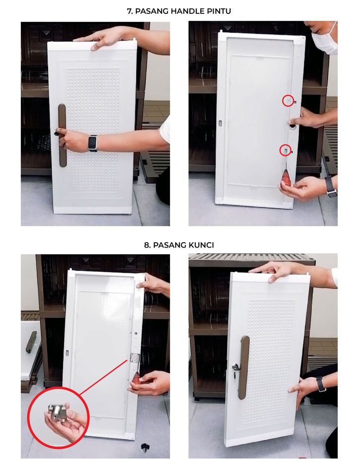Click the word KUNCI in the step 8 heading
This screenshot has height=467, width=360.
click(201, 245)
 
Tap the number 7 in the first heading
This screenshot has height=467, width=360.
click(129, 11)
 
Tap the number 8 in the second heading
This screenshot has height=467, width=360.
click(146, 245)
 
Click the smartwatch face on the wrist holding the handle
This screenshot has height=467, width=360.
click(93, 143)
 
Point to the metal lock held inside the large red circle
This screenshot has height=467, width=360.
click(58, 412)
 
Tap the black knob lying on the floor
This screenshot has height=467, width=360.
click(145, 447)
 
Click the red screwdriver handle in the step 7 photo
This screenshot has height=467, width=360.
click(286, 178)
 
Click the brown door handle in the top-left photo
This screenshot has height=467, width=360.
click(62, 135)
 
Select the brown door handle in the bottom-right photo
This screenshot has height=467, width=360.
click(244, 368)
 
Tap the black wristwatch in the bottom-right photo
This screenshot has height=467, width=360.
click(321, 384)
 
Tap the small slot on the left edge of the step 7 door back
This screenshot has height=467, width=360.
click(220, 123)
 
